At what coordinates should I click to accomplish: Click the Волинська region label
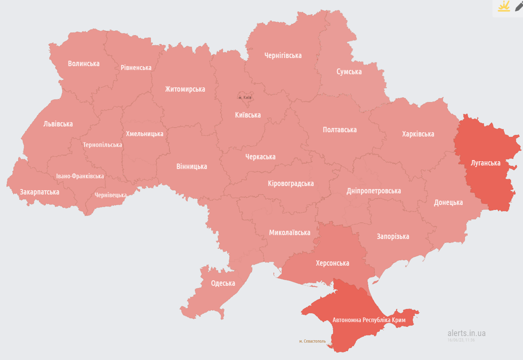(83, 63)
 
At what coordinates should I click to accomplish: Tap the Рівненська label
(136, 67)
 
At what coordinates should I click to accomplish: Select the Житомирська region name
(185, 89)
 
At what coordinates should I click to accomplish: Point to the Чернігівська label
(282, 55)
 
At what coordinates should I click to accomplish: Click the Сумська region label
(349, 72)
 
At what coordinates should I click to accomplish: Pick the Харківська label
(418, 134)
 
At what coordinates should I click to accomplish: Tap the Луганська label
(485, 163)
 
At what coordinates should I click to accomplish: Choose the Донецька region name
(448, 202)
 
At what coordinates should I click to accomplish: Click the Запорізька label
(393, 236)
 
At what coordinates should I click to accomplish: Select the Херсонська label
(332, 263)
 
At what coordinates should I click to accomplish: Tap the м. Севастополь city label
(312, 341)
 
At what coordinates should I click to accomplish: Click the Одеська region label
(223, 283)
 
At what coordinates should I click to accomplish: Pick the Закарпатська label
(39, 192)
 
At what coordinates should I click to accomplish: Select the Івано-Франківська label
(80, 176)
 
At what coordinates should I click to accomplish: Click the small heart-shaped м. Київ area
(245, 96)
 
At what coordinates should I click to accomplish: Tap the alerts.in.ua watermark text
(466, 333)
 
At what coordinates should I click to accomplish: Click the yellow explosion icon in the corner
(504, 7)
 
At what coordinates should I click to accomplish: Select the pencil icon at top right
(518, 6)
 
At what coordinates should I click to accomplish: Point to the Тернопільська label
(102, 145)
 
